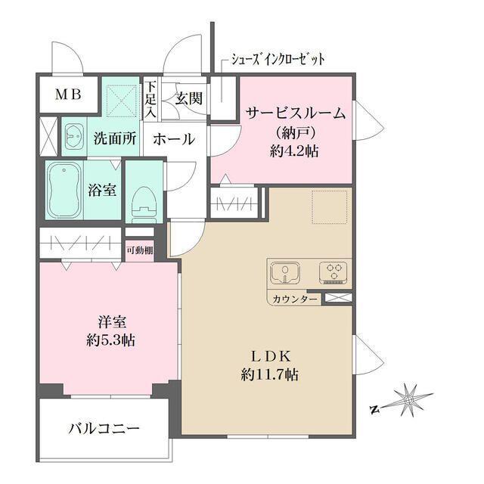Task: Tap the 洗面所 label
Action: coord(115,138)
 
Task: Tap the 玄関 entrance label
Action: coord(188,98)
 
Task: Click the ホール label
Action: coord(174,139)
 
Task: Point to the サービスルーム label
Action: coord(296,114)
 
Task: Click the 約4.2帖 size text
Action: coord(296,150)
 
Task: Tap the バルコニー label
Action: coord(104,429)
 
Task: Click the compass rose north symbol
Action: coord(408,398)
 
